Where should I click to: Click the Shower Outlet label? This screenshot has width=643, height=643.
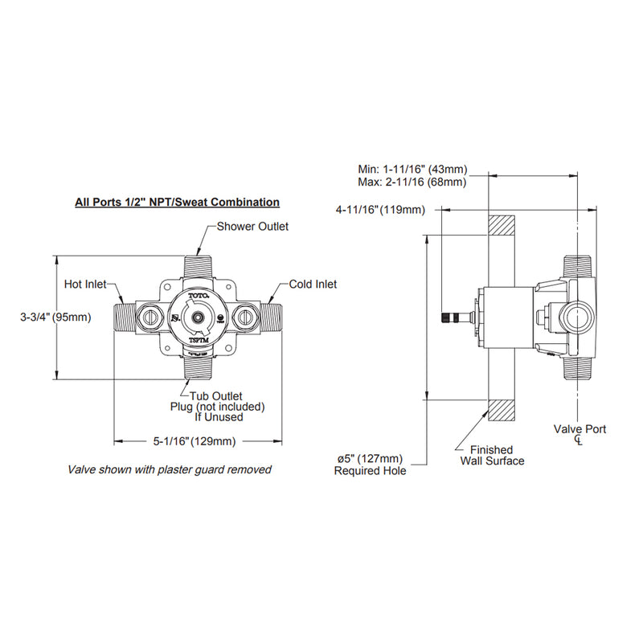pos(252,227)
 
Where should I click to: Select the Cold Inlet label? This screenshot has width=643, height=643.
pos(313,285)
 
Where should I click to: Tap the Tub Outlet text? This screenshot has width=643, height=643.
pos(216,396)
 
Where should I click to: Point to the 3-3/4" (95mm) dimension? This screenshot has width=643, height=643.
pos(55,317)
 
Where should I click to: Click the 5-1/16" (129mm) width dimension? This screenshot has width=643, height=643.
pos(195,440)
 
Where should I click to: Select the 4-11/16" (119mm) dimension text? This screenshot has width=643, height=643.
pos(381,210)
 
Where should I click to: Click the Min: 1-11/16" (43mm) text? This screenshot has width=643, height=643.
pos(412,170)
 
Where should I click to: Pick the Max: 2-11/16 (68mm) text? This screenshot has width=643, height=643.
pos(412,182)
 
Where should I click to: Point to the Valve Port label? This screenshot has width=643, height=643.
pos(580,430)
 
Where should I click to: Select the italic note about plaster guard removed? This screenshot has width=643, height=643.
pos(169,469)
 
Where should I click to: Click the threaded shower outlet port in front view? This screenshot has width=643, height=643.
pos(197,266)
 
